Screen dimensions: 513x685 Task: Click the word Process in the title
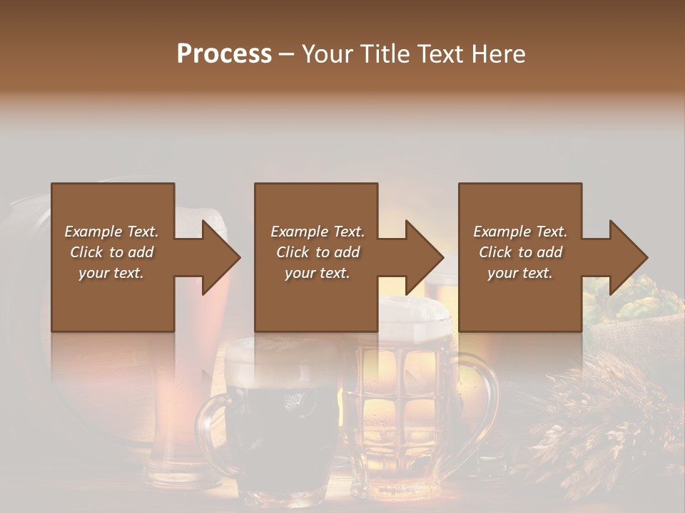224,54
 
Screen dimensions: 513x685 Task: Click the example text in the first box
111,252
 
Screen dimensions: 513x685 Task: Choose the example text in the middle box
317,252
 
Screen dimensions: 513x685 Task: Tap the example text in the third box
520,252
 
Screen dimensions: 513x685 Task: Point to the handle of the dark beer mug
209,427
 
